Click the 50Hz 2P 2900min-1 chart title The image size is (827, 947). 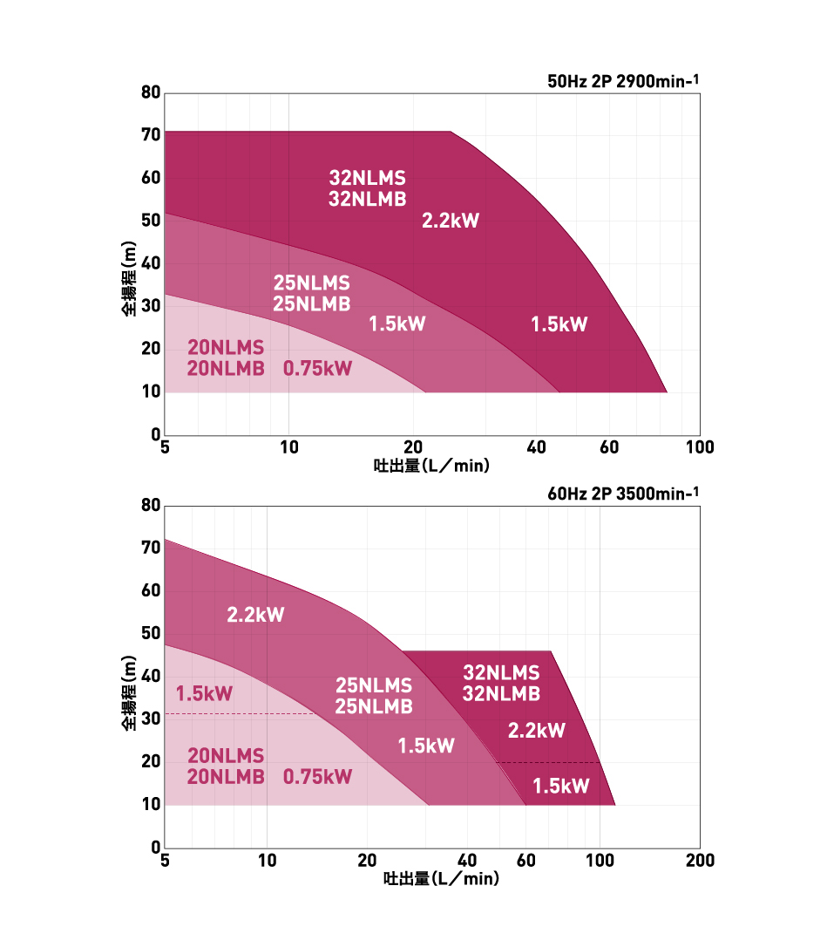click(623, 83)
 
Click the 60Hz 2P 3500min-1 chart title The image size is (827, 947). click(623, 494)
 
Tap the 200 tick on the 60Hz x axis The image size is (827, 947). click(700, 861)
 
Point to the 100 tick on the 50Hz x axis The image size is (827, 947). click(700, 448)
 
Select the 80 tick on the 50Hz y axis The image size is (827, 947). click(150, 92)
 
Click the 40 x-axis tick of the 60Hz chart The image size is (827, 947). click(467, 861)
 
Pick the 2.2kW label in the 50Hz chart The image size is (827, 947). click(451, 221)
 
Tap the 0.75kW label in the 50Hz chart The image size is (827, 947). click(318, 368)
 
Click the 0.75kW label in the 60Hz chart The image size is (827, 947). click(318, 776)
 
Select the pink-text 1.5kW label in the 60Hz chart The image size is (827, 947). click(205, 694)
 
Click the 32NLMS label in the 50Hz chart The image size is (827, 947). click(367, 179)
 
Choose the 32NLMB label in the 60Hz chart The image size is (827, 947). click(501, 694)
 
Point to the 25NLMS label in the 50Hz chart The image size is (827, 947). click(311, 283)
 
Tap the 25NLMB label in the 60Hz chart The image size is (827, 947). click(374, 706)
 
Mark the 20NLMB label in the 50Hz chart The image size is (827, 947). click(226, 368)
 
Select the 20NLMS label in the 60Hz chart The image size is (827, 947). click(226, 755)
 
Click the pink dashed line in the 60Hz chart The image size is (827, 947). click(240, 714)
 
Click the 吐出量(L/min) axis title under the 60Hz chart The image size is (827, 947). click(441, 879)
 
